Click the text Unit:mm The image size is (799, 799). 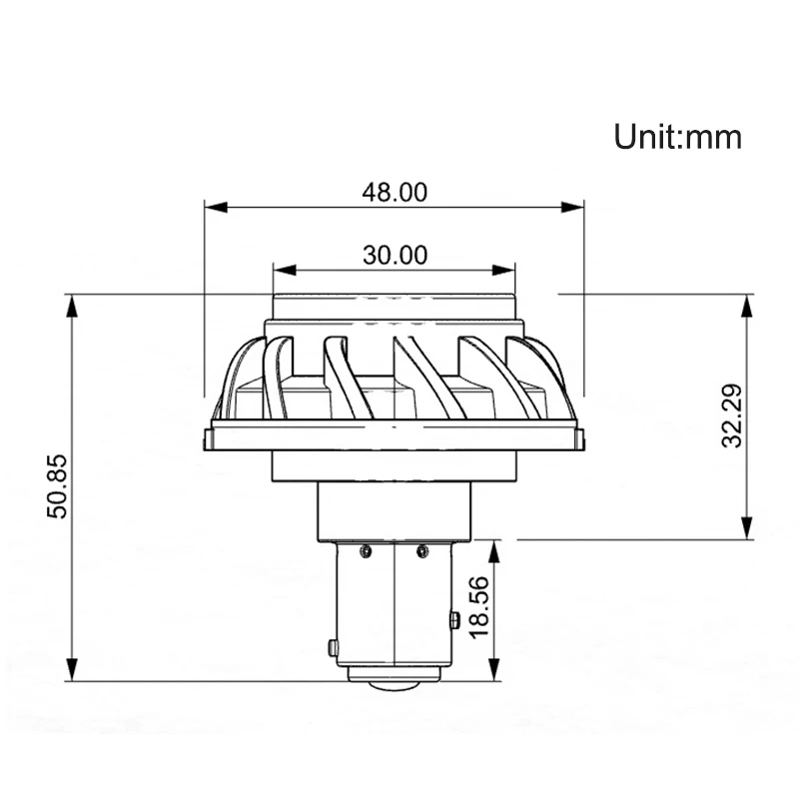(678, 136)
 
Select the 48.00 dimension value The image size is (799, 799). (395, 192)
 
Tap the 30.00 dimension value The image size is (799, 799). (395, 255)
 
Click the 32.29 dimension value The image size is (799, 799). (734, 417)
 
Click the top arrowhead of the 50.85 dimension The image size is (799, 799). (71, 306)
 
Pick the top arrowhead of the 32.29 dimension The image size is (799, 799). (747, 306)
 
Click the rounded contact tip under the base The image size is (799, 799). (395, 685)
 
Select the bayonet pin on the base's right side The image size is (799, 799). (454, 620)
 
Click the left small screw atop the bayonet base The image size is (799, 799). (368, 549)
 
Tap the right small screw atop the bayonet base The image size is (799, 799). (421, 549)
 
